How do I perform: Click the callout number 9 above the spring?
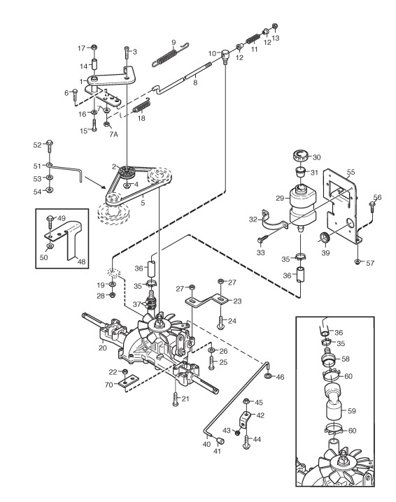(x=174, y=42)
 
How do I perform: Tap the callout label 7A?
(x=113, y=134)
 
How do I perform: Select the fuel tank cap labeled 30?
(x=301, y=156)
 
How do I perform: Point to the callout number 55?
(x=351, y=172)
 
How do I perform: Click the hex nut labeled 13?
(x=274, y=27)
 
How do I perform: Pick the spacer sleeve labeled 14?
(x=95, y=64)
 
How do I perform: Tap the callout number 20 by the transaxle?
(x=103, y=347)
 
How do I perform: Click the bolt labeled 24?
(x=221, y=321)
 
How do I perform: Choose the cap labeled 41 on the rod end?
(x=220, y=441)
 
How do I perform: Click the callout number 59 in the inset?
(x=352, y=410)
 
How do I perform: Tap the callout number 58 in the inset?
(x=346, y=359)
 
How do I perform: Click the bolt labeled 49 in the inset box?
(x=50, y=222)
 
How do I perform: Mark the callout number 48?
(x=82, y=261)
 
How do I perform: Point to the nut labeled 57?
(x=358, y=262)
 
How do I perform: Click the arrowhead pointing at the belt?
(x=104, y=187)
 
